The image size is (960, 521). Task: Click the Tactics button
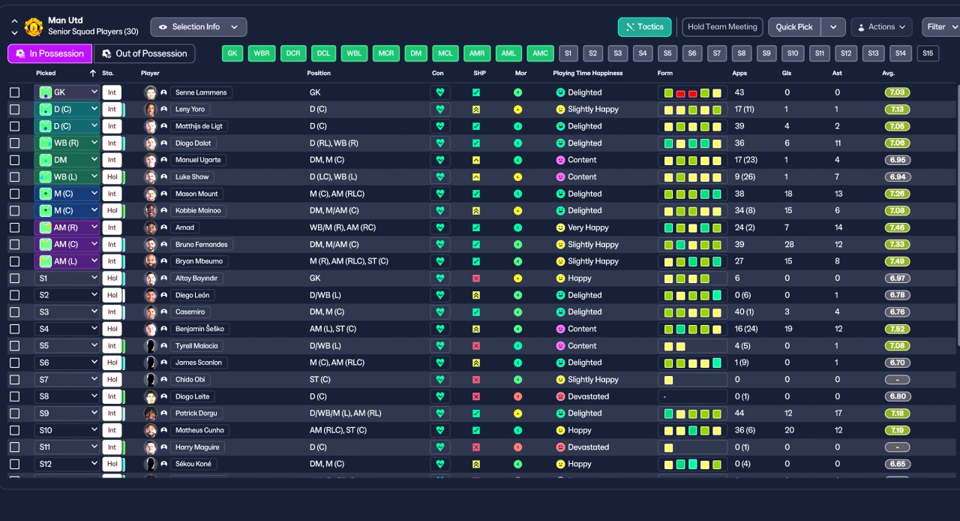point(644,27)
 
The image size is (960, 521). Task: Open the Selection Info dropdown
point(198,27)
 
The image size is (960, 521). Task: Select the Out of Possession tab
point(144,53)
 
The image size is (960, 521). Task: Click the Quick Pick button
point(794,27)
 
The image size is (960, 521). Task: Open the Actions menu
point(881,27)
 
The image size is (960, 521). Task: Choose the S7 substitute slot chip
point(718,53)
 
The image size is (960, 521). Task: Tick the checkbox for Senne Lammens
point(15,92)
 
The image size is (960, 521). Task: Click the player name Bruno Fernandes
point(202,245)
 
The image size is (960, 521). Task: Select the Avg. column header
point(888,74)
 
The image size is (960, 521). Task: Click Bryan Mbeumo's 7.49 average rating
point(897,261)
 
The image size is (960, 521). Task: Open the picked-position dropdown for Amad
point(67,227)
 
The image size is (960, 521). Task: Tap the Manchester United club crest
point(34,27)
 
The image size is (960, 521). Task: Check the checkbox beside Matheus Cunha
point(15,430)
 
